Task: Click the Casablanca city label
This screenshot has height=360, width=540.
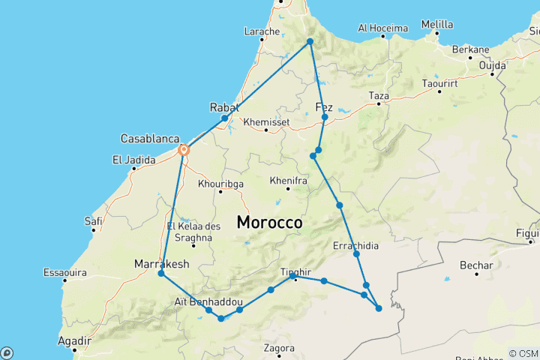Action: point(149,139)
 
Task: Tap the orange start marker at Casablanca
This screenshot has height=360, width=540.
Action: point(183,150)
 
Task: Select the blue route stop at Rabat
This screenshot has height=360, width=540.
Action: point(224,118)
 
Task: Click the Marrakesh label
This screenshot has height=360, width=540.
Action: point(161,263)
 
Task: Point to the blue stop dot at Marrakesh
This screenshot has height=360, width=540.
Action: point(161,274)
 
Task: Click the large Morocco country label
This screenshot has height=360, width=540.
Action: point(269,223)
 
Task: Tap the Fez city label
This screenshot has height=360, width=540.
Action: point(325,106)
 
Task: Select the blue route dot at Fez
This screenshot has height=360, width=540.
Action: point(325,117)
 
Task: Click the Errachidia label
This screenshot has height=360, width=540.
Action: point(355,245)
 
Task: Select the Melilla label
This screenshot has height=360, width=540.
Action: point(436,24)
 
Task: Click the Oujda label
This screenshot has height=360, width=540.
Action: point(492,64)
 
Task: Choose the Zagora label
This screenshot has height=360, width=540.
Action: point(279,348)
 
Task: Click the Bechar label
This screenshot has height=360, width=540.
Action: point(478,265)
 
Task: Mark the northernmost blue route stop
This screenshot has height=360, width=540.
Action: point(309,41)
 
